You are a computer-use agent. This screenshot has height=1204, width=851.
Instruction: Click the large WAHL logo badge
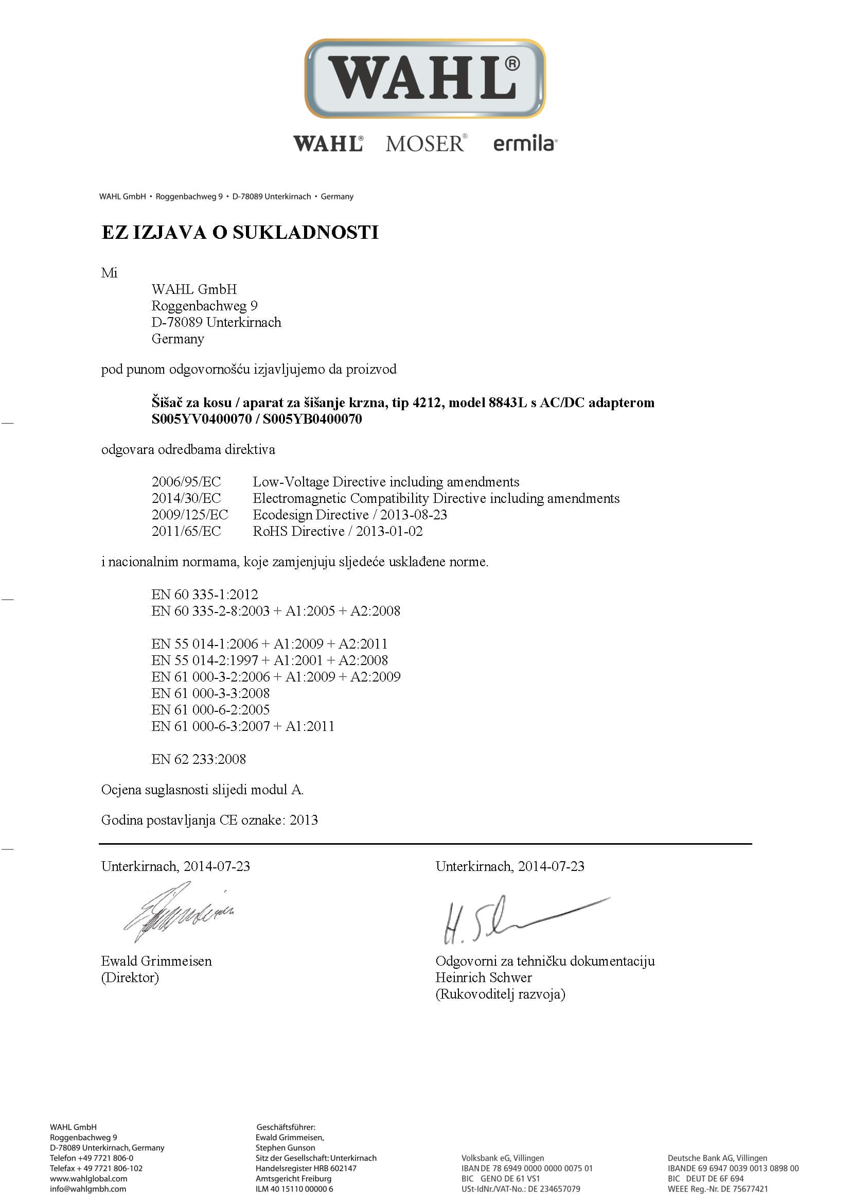[x=425, y=79]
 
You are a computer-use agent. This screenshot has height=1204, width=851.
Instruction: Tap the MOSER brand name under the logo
[x=425, y=144]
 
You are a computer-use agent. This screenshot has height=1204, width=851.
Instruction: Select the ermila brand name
[x=524, y=144]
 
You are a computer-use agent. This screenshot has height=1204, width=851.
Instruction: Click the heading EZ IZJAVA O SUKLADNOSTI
[x=240, y=232]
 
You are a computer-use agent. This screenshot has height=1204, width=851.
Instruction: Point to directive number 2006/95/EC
[x=186, y=482]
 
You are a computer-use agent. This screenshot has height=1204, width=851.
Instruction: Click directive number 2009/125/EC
[x=190, y=515]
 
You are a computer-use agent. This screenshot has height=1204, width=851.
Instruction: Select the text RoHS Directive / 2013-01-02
[x=338, y=531]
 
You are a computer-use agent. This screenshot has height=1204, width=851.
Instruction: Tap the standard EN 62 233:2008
[x=199, y=759]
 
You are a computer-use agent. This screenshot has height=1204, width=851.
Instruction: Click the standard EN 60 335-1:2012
[x=205, y=595]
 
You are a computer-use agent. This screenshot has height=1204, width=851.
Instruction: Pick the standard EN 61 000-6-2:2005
[x=210, y=710]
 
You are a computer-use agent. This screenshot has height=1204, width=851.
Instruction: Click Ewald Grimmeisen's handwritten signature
[x=178, y=912]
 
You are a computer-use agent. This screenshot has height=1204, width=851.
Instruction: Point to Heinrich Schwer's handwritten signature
[x=519, y=918]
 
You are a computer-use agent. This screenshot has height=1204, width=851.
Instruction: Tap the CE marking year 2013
[x=304, y=820]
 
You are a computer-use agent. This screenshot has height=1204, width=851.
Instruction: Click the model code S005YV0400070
[x=202, y=419]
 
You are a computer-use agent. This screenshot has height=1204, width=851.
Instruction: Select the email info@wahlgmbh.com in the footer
[x=88, y=1189]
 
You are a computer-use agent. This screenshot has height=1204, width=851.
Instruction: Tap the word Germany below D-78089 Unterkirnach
[x=178, y=339]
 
